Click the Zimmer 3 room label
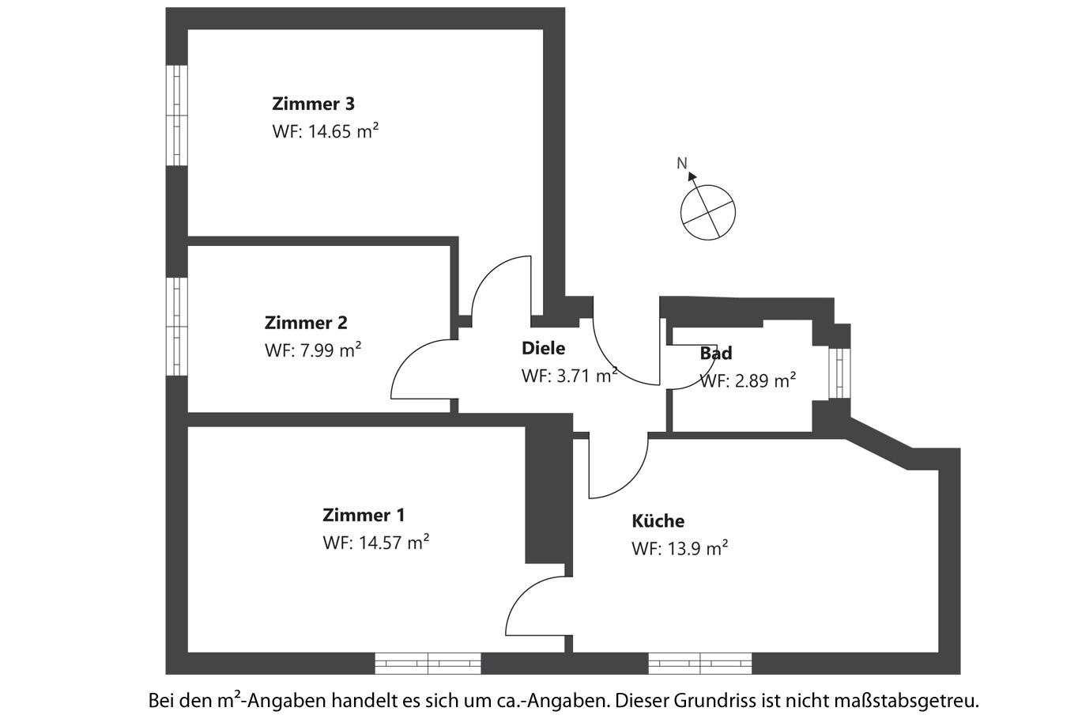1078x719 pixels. pyautogui.click(x=313, y=104)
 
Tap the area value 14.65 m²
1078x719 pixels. pyautogui.click(x=343, y=131)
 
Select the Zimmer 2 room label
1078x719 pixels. pyautogui.click(x=306, y=322)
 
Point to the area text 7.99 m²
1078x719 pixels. pyautogui.click(x=330, y=350)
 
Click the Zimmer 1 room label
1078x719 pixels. pyautogui.click(x=364, y=515)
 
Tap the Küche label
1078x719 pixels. pyautogui.click(x=658, y=520)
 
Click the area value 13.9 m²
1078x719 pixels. pyautogui.click(x=697, y=548)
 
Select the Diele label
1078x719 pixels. pyautogui.click(x=543, y=348)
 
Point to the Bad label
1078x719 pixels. pyautogui.click(x=716, y=353)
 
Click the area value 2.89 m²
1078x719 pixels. pyautogui.click(x=765, y=380)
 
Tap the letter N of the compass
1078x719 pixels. pyautogui.click(x=681, y=164)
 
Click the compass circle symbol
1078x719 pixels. pyautogui.click(x=708, y=212)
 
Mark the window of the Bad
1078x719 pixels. pyautogui.click(x=840, y=373)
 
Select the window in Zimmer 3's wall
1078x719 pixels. pyautogui.click(x=176, y=115)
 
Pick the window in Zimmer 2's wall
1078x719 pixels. pyautogui.click(x=176, y=327)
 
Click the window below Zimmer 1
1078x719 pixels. pyautogui.click(x=428, y=663)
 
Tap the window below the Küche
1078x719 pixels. pyautogui.click(x=700, y=663)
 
